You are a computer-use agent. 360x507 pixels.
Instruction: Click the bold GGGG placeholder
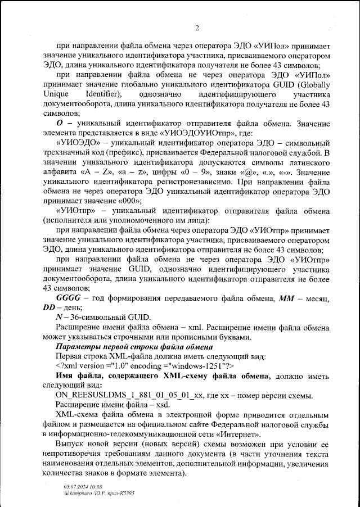72,298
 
